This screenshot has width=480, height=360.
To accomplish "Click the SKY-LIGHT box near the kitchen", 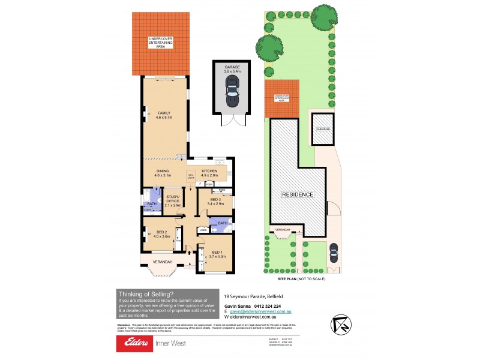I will coord(191,176).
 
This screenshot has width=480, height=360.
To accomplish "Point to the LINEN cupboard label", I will coord(203,230).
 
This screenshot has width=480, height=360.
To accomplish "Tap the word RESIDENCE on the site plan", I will coord(298,194).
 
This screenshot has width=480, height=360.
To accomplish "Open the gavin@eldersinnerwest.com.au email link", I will coord(263,312).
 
